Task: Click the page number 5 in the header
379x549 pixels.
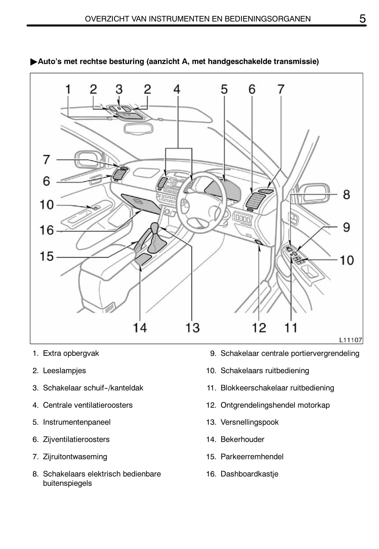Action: tap(362, 19)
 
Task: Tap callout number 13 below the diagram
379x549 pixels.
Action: tap(192, 328)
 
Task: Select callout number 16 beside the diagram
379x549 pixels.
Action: tap(46, 230)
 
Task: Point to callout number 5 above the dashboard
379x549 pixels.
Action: tap(224, 89)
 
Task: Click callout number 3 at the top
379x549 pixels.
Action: tap(119, 89)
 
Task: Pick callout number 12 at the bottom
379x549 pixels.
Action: tap(259, 328)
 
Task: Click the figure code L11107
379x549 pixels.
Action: tap(350, 340)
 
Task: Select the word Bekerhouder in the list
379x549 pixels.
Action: tap(242, 439)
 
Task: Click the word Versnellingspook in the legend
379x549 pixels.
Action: tap(249, 422)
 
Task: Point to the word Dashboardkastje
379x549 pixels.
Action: tap(249, 474)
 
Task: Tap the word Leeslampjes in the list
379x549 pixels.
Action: tap(64, 371)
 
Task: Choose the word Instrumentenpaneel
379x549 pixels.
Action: tap(77, 422)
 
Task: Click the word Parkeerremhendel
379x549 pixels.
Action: tap(252, 457)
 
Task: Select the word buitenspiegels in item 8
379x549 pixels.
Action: tap(67, 483)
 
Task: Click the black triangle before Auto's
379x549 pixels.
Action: tap(34, 62)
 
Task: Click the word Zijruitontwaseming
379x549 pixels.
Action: tap(75, 457)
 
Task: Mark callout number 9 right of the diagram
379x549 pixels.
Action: tap(346, 227)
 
